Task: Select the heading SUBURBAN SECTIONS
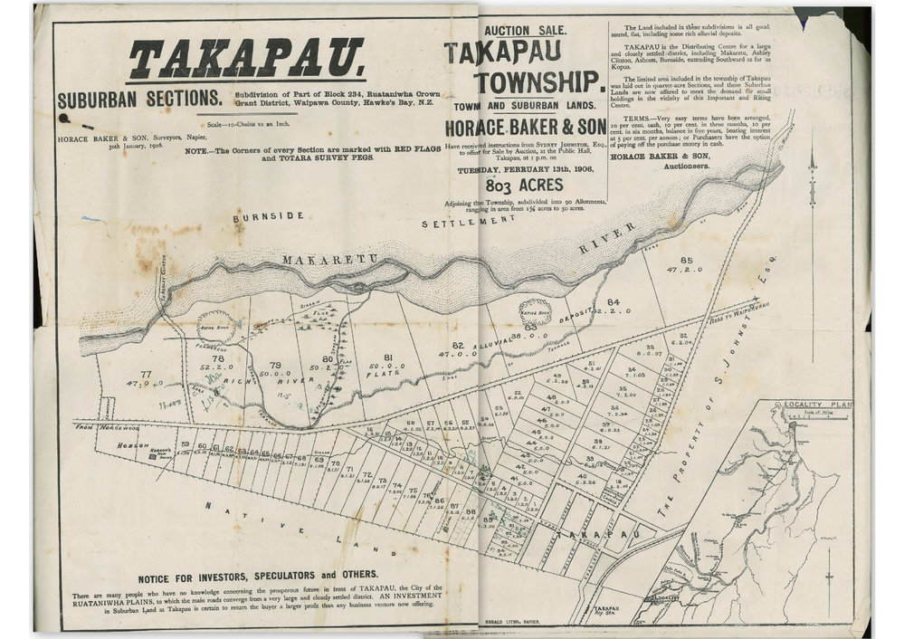(138, 99)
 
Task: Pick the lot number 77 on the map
(146, 374)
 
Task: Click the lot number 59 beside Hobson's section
(186, 444)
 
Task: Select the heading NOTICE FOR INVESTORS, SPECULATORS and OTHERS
(258, 575)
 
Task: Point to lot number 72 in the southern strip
(366, 474)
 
